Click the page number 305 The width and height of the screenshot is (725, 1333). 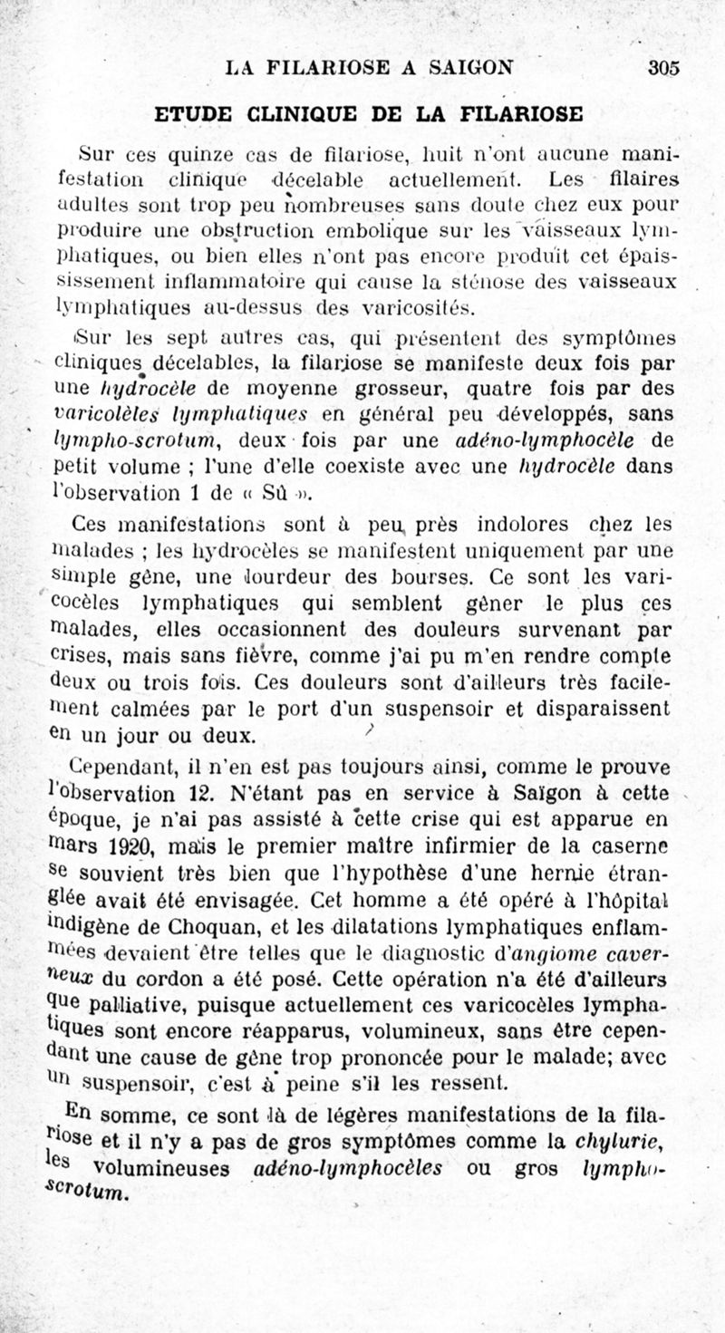[664, 67]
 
